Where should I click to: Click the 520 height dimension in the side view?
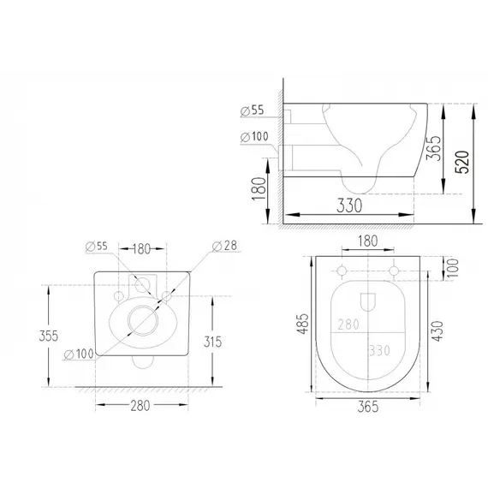[461, 162]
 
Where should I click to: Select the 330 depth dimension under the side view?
[349, 205]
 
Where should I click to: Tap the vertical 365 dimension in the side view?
[433, 148]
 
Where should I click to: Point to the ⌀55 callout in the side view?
[252, 110]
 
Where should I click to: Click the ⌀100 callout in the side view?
[254, 137]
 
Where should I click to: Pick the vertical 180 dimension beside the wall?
[259, 189]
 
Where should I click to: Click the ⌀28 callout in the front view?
[224, 246]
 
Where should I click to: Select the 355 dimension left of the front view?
[49, 336]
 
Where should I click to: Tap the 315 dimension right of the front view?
[213, 342]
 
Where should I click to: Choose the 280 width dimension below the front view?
[140, 406]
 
